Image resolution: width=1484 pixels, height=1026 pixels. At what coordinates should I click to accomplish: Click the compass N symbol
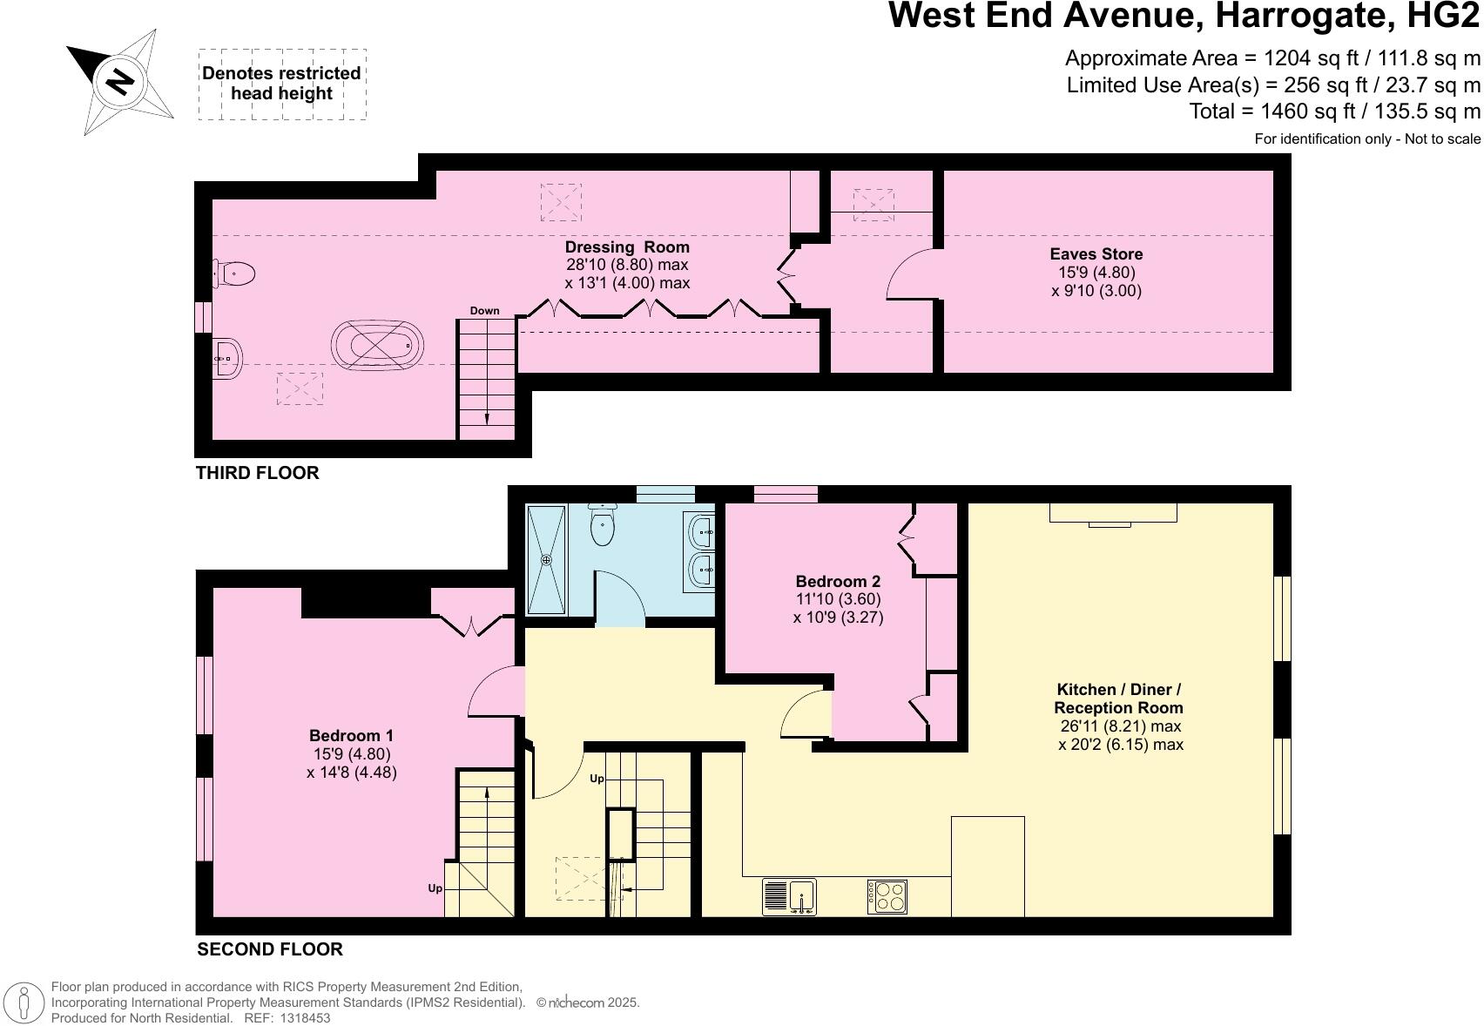(120, 82)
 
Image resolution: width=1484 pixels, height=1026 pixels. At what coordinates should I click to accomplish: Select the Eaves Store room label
(1096, 254)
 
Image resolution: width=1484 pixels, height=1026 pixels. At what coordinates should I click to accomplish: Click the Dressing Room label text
(627, 247)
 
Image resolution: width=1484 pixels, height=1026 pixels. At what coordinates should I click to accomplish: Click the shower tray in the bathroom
(547, 559)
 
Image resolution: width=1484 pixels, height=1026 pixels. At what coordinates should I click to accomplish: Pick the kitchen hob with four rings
(887, 896)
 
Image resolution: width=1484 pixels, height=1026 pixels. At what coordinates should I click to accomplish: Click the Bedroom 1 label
(351, 736)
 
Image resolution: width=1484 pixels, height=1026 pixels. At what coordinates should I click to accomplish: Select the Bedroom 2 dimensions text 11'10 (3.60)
(838, 599)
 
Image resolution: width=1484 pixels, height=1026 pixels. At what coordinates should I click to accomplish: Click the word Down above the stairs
(485, 311)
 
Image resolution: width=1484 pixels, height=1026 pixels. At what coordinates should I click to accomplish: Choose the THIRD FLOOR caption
(258, 473)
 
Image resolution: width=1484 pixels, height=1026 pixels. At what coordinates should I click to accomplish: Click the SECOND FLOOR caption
(270, 949)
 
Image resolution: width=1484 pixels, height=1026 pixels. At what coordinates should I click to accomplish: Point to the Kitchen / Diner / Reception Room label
(1118, 699)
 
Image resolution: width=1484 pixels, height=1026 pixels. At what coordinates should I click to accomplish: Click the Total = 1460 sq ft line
(1334, 111)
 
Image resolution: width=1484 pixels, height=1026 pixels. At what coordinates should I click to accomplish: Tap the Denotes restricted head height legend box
(281, 84)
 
